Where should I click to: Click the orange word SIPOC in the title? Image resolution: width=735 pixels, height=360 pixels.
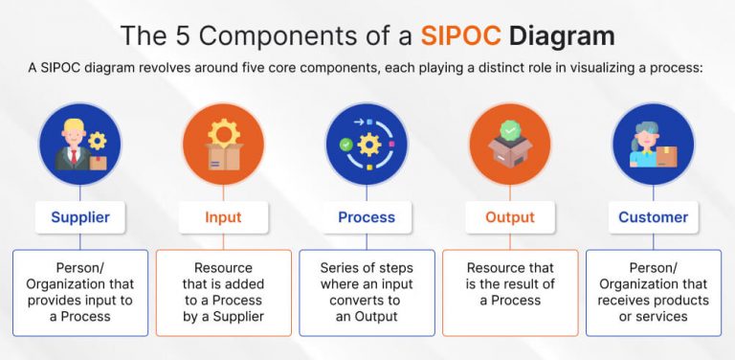pyautogui.click(x=460, y=36)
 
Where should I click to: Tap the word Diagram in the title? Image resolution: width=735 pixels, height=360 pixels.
pyautogui.click(x=562, y=37)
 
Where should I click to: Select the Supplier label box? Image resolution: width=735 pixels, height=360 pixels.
pyautogui.click(x=80, y=217)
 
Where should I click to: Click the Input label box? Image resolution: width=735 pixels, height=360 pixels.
pyautogui.click(x=223, y=217)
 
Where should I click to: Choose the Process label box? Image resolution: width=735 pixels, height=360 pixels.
pyautogui.click(x=367, y=217)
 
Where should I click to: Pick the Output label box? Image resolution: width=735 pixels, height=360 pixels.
pyautogui.click(x=510, y=217)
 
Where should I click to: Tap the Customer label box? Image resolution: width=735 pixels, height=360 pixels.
pyautogui.click(x=654, y=217)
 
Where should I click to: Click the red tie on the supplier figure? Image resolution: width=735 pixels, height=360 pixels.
pyautogui.click(x=74, y=157)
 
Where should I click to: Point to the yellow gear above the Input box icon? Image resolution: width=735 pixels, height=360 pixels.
pyautogui.click(x=224, y=133)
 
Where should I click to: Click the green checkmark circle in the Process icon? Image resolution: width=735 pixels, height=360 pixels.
pyautogui.click(x=345, y=145)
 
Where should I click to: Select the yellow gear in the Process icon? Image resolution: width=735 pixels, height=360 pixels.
pyautogui.click(x=369, y=145)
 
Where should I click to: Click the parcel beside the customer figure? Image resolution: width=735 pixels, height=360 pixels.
pyautogui.click(x=666, y=157)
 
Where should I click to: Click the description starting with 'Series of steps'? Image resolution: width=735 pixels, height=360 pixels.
pyautogui.click(x=367, y=292)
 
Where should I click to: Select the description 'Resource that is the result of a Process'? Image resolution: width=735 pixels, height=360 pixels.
pyautogui.click(x=510, y=284)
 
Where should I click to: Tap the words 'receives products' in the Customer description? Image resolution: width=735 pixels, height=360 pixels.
pyautogui.click(x=653, y=301)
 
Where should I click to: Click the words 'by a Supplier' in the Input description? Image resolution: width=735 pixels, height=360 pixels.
pyautogui.click(x=224, y=316)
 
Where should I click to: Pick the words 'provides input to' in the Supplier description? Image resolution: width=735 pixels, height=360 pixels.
pyautogui.click(x=80, y=301)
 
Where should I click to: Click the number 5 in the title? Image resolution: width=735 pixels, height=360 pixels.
pyautogui.click(x=184, y=36)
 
